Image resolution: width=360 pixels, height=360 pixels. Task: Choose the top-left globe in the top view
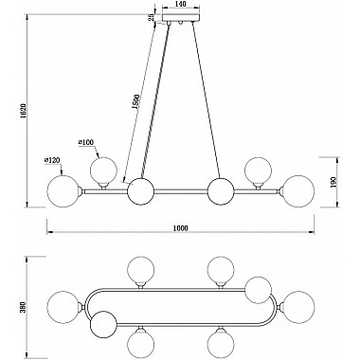click(x=141, y=268)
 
